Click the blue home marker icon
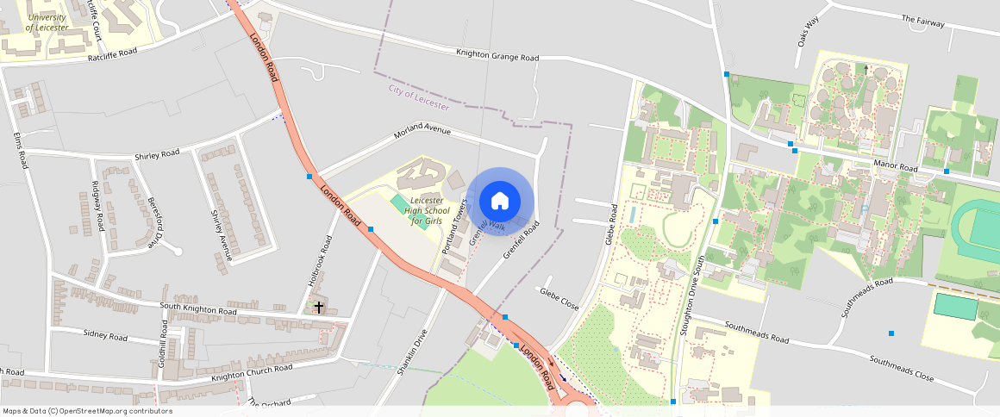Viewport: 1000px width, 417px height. [499, 202]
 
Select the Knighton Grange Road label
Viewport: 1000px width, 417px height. [497, 56]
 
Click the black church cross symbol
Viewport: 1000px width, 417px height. [319, 306]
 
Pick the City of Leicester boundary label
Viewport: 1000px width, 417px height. [419, 96]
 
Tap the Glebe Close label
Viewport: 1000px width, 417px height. [559, 298]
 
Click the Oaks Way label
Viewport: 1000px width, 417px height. [808, 38]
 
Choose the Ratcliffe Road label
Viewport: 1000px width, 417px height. [113, 55]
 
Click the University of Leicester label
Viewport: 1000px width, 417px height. [47, 22]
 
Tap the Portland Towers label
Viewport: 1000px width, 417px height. [453, 227]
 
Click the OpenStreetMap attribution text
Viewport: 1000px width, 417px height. [87, 411]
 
